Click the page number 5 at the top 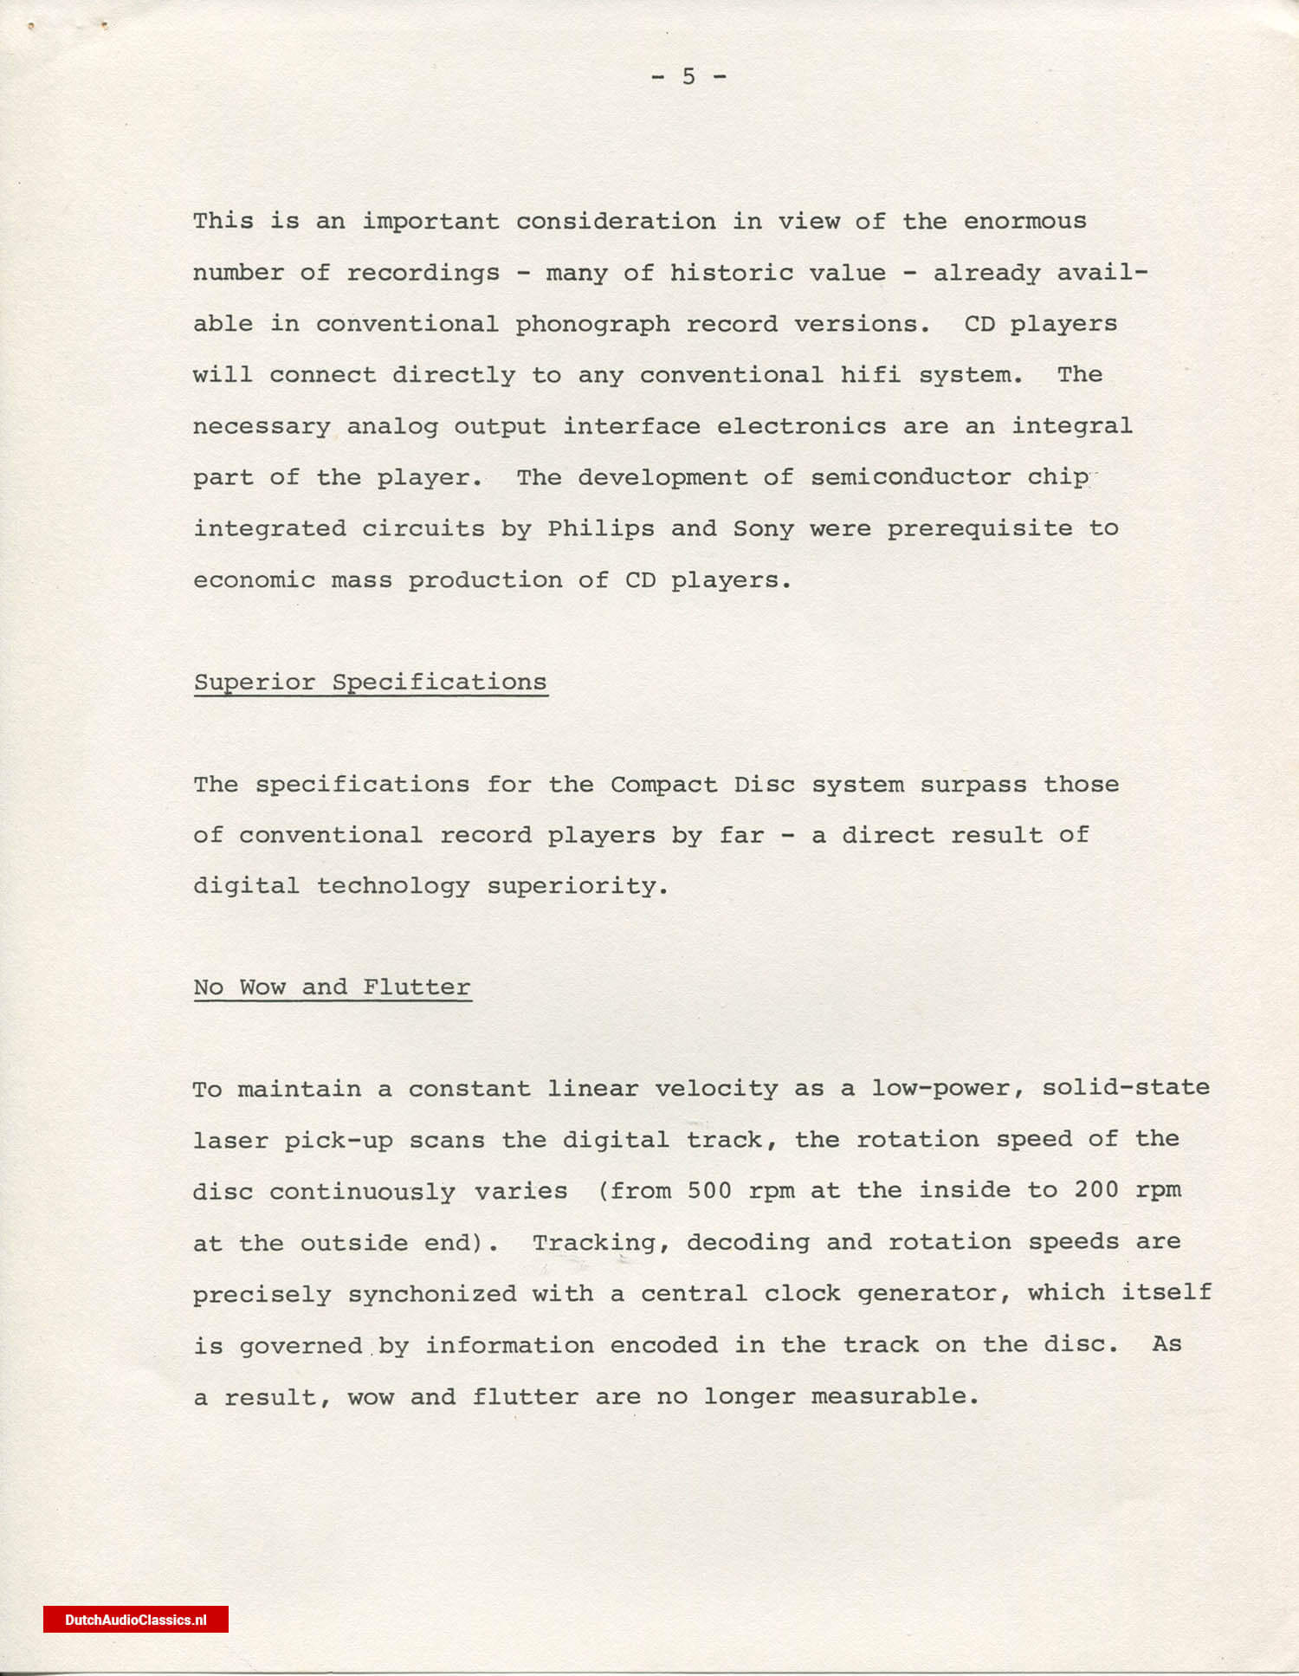point(688,77)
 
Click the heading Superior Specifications point(370,683)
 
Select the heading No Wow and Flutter point(332,987)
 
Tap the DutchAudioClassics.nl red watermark point(136,1620)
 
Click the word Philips point(600,529)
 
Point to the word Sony point(763,529)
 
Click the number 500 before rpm point(709,1190)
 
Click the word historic point(731,274)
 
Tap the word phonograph point(592,325)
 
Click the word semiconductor point(910,478)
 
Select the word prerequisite point(979,529)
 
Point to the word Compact point(663,785)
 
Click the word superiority point(577,887)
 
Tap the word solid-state point(1125,1088)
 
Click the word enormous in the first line point(1024,222)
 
